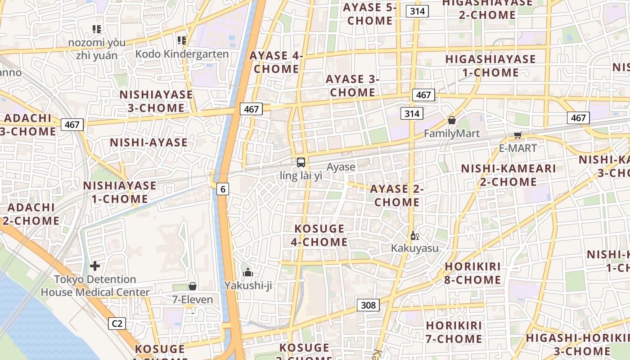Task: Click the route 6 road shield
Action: click(223, 189)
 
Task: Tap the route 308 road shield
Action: click(368, 305)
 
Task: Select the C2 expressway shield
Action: click(117, 323)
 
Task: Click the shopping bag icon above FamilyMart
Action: click(452, 120)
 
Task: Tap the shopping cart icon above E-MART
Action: click(518, 135)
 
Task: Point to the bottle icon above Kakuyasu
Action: click(414, 235)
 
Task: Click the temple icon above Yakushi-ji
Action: click(248, 272)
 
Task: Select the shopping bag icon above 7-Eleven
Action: click(193, 286)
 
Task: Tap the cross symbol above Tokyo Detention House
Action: click(95, 266)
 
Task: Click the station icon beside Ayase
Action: click(301, 162)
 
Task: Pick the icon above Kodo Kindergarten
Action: click(182, 40)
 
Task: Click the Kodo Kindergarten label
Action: click(182, 54)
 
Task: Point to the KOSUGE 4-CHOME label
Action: click(319, 235)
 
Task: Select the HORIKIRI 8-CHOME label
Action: click(473, 273)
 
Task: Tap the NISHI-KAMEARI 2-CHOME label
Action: click(508, 175)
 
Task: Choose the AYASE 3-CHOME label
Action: click(353, 85)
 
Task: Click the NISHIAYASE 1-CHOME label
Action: click(120, 192)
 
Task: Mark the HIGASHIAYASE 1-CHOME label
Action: click(490, 66)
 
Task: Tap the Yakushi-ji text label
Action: click(248, 285)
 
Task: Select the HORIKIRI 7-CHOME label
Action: click(454, 332)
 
